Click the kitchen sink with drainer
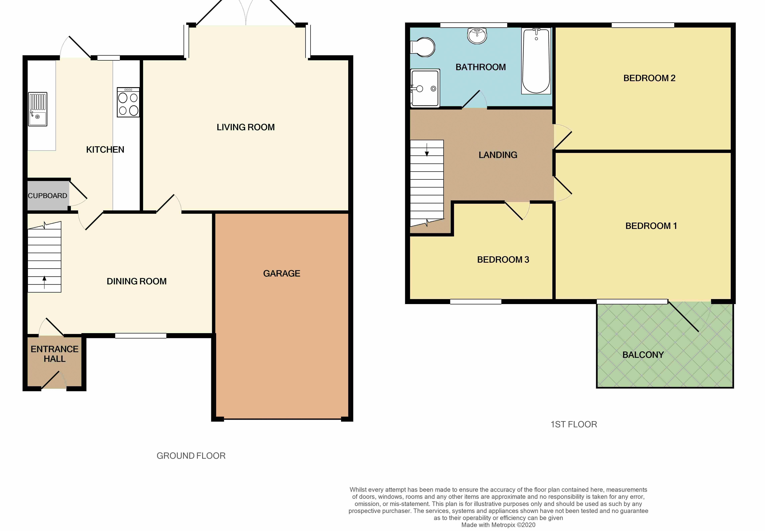[38, 109]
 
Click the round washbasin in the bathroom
[477, 36]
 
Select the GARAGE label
[282, 274]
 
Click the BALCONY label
[643, 355]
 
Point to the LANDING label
[498, 155]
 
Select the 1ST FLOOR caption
[574, 424]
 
